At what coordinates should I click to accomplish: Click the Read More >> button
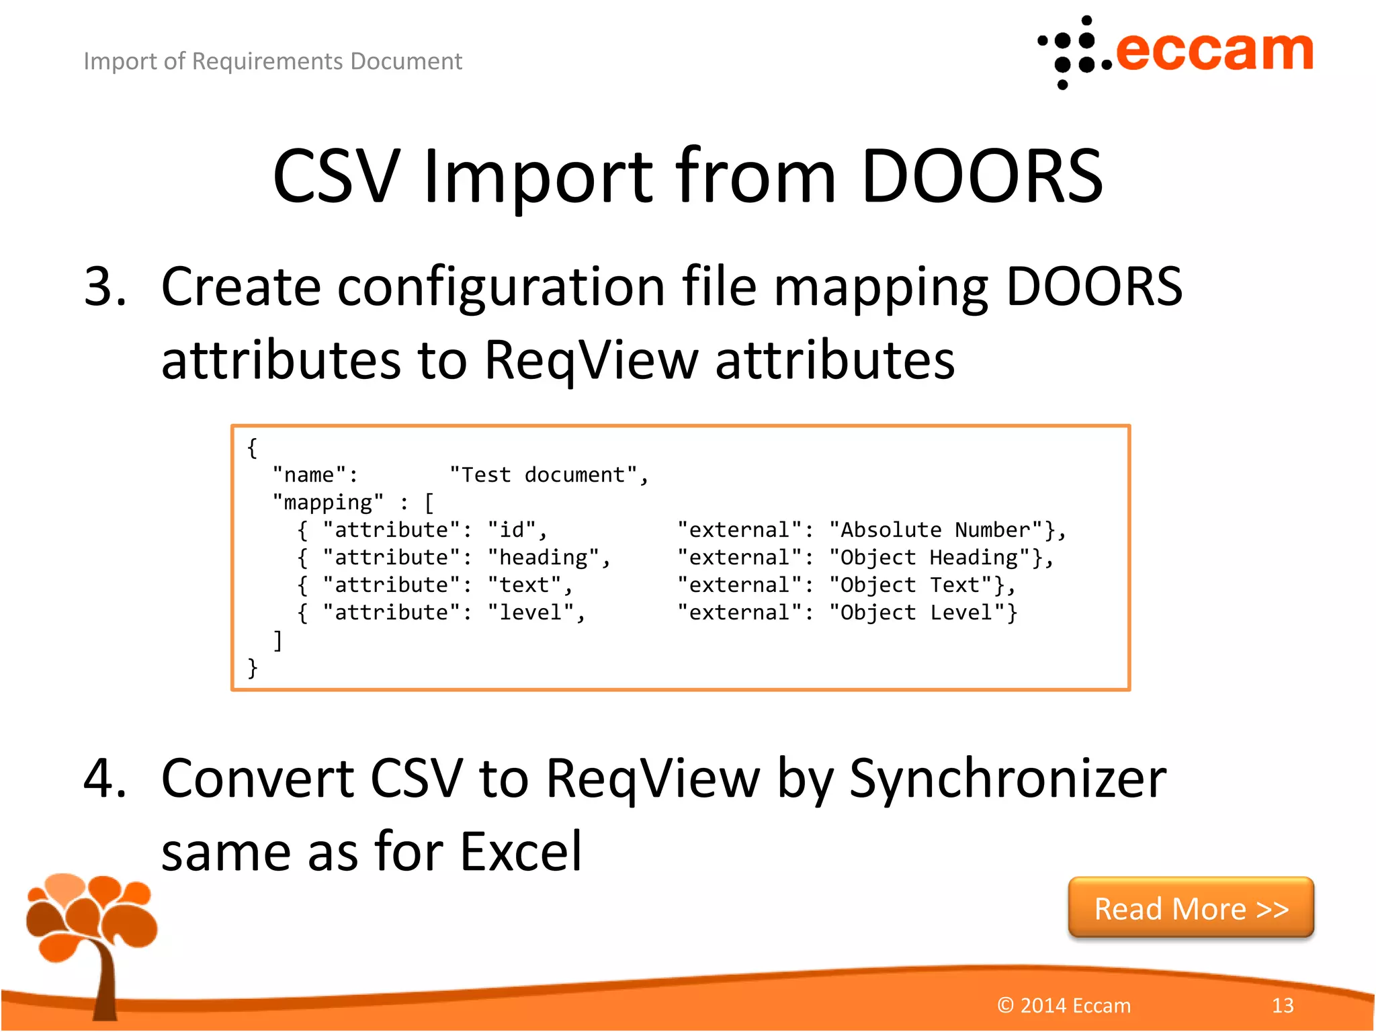click(x=1191, y=908)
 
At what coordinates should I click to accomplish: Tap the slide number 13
click(x=1282, y=1005)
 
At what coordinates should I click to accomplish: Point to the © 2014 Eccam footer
click(x=1064, y=1005)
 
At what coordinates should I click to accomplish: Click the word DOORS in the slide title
click(x=982, y=176)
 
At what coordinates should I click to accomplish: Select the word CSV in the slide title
click(x=336, y=176)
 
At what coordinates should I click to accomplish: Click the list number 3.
click(x=105, y=287)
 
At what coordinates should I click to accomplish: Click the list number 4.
click(x=105, y=779)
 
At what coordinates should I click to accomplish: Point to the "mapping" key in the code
click(x=328, y=503)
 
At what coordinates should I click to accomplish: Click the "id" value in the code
click(x=512, y=530)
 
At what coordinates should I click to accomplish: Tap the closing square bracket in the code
click(x=277, y=640)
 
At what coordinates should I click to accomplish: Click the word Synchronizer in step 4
click(x=1008, y=779)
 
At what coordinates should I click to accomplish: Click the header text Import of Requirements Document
click(x=273, y=61)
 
